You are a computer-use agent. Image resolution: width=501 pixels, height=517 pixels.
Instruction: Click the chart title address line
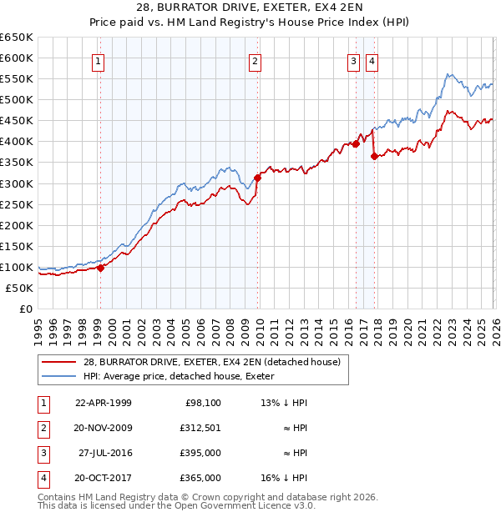[250, 8]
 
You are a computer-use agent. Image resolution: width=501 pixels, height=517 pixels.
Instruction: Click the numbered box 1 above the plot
[99, 60]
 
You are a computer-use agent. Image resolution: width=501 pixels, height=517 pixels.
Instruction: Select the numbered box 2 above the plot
[254, 60]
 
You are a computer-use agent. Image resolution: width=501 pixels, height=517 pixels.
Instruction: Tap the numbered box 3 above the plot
[353, 60]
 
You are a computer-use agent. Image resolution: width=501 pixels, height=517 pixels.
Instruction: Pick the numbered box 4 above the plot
[371, 60]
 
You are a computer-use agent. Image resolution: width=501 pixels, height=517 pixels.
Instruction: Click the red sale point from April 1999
[100, 268]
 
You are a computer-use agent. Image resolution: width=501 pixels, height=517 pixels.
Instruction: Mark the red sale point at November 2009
[257, 178]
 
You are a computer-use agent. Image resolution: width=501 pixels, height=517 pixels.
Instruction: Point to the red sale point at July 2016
[356, 143]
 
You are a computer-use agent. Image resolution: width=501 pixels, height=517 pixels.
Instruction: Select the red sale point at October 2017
[374, 156]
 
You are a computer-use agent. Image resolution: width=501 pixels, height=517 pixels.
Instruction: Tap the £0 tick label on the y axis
[25, 309]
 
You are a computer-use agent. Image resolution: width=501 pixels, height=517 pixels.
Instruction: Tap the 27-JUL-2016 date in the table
[104, 454]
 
